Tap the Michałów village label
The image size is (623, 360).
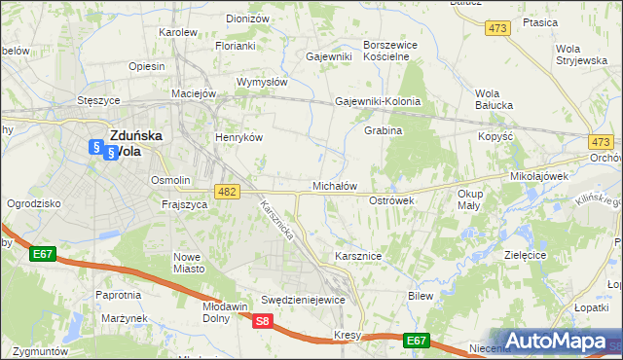(x=335, y=185)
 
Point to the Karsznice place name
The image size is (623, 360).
(x=357, y=256)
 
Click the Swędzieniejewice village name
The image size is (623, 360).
(x=303, y=300)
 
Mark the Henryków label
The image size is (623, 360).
(x=239, y=138)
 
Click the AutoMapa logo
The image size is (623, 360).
(x=556, y=342)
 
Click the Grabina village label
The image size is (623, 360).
(x=383, y=130)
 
